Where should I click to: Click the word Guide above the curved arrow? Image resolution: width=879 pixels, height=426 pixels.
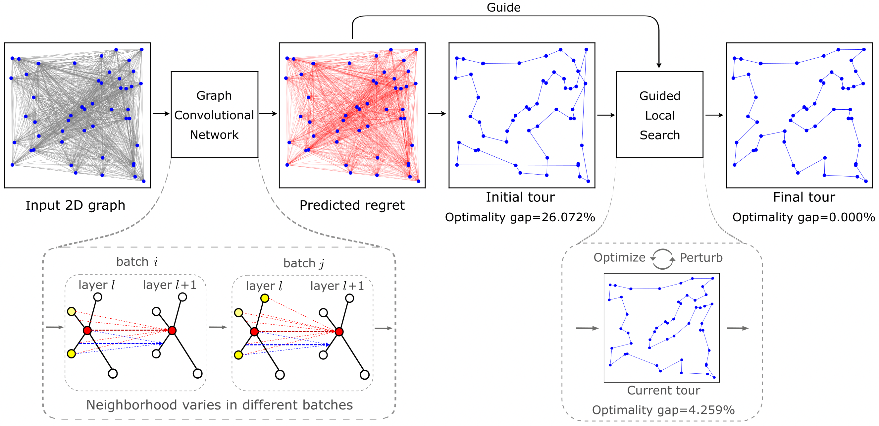click(503, 8)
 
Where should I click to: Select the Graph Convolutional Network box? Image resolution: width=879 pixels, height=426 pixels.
click(214, 115)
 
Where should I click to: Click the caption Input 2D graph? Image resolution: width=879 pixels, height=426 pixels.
click(76, 205)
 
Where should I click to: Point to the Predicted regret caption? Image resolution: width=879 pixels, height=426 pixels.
click(352, 205)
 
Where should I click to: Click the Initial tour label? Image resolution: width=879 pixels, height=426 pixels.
click(520, 197)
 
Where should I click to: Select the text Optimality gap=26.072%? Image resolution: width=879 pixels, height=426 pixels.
click(520, 217)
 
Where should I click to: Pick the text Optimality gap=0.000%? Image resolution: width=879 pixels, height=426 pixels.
click(803, 217)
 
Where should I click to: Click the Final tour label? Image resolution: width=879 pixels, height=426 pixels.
click(803, 197)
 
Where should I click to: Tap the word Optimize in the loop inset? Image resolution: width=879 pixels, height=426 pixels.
click(619, 257)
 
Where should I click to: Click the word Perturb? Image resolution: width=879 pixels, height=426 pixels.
click(701, 257)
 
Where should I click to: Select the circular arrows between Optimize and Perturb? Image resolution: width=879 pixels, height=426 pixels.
click(662, 259)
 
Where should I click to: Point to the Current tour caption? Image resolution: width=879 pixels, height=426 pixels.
click(663, 390)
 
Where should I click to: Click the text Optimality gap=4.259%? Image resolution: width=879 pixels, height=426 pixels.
click(663, 410)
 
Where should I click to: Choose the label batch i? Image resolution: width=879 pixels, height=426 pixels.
click(137, 262)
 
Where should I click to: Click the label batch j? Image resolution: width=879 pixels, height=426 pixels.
click(303, 263)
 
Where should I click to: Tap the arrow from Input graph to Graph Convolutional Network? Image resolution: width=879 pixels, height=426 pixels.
click(161, 114)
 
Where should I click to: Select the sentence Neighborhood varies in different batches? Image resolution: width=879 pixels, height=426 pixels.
click(219, 405)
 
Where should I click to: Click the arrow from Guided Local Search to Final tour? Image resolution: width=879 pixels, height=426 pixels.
click(714, 115)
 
